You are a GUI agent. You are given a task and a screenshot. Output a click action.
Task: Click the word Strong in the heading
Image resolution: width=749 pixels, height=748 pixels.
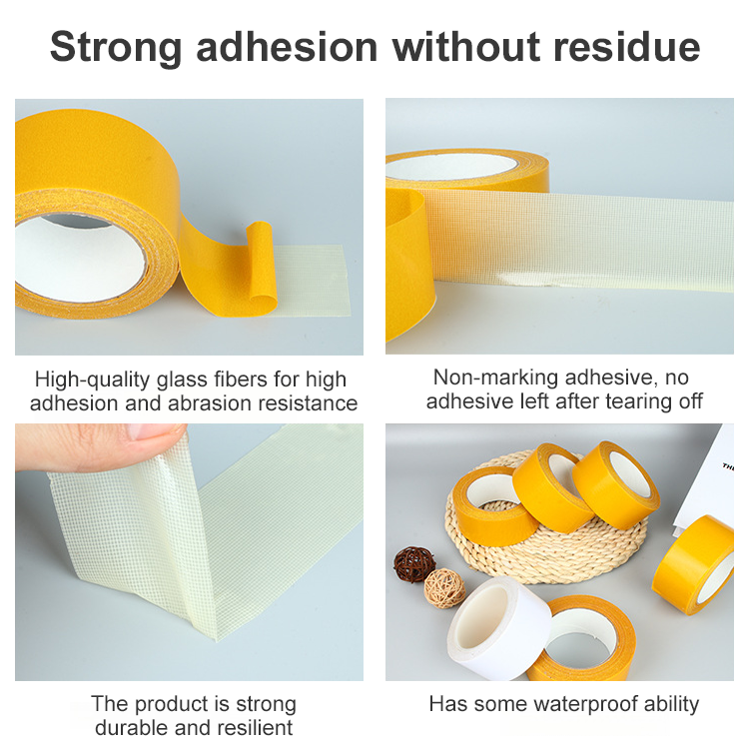(116, 48)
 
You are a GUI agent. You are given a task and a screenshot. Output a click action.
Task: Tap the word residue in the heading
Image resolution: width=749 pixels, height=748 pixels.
(627, 46)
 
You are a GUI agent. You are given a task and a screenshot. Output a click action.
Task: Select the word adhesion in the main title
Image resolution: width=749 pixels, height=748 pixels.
(287, 46)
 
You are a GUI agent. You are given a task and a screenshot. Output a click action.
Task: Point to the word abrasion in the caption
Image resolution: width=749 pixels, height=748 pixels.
(210, 403)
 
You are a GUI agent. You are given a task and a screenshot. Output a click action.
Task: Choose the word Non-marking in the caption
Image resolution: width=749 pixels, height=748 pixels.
(495, 377)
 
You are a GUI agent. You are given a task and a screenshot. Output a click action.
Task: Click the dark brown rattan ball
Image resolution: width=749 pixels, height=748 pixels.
(414, 564)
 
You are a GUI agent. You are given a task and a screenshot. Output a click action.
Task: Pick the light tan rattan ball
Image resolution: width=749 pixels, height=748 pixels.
(444, 588)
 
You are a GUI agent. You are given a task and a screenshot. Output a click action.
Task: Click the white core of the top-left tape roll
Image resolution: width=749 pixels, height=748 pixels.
(79, 259)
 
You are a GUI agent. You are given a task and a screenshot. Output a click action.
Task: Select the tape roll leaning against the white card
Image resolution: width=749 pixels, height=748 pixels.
(694, 565)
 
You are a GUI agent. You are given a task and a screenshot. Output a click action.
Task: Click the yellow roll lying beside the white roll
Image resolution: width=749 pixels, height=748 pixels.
(585, 640)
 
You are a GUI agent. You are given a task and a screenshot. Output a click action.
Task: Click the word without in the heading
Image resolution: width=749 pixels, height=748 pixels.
(465, 46)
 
